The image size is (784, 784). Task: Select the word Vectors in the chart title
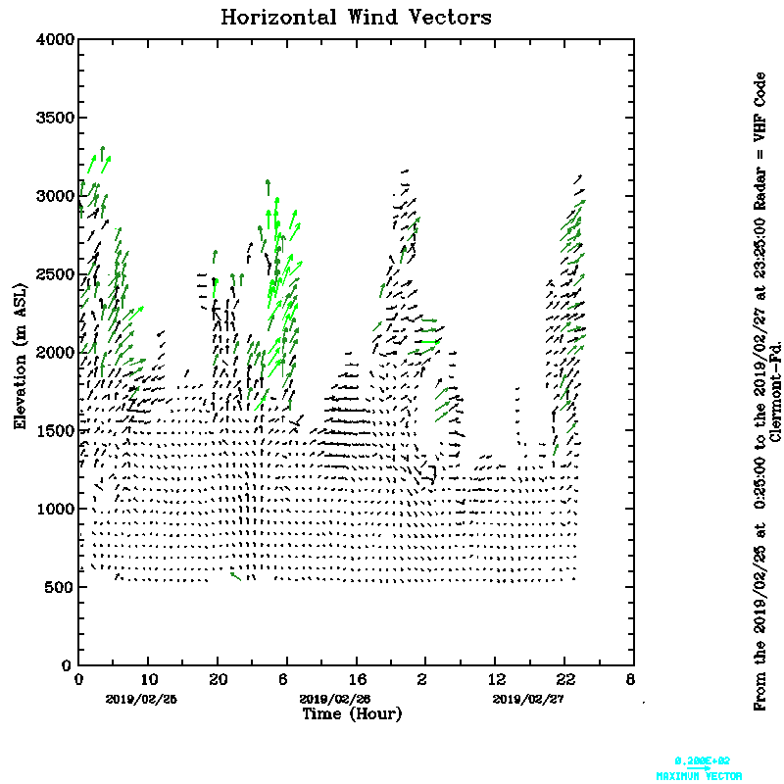click(447, 18)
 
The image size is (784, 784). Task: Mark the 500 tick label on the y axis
click(58, 587)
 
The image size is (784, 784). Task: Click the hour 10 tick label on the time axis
click(148, 679)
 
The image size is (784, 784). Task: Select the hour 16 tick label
click(357, 679)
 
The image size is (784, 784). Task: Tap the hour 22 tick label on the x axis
click(565, 679)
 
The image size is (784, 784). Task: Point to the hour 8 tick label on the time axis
click(630, 679)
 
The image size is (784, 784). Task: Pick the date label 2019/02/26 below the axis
click(334, 699)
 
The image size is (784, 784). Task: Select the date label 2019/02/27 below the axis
click(528, 699)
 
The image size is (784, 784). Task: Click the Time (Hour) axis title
click(352, 714)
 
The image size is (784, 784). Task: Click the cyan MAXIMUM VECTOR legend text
click(699, 775)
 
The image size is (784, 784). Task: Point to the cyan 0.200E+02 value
click(703, 760)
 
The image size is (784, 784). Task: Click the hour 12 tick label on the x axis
click(496, 679)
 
